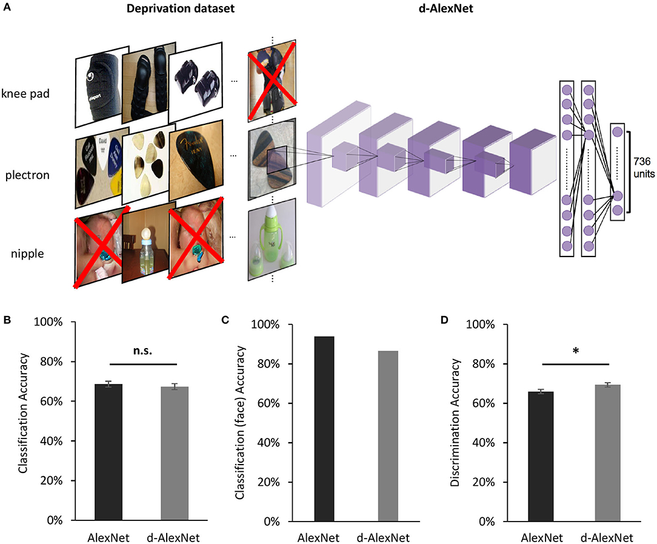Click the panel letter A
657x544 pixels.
point(7,8)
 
